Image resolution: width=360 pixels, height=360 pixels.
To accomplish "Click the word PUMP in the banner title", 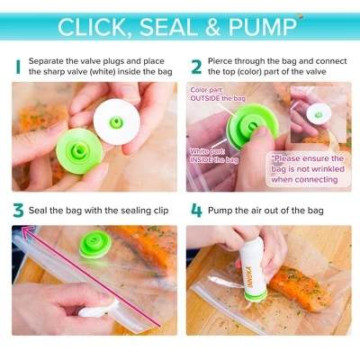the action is point(263,27).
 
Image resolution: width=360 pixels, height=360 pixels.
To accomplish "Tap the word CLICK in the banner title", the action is point(93,28).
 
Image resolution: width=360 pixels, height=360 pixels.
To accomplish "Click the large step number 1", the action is point(18,67).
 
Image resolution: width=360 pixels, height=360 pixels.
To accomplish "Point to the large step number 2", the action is point(196,67).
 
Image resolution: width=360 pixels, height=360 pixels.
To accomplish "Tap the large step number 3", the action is point(18,211).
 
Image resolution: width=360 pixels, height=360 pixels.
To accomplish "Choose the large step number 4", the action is point(197,211).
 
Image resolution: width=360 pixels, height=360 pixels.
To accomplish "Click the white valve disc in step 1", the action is point(116,122).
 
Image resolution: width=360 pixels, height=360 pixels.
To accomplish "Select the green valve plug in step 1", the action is point(79,151).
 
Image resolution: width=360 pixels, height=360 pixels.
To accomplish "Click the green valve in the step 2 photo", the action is point(252,126).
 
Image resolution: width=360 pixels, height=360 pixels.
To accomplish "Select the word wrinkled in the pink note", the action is point(328,169).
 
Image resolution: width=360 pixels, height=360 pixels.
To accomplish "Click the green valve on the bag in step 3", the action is point(95,245).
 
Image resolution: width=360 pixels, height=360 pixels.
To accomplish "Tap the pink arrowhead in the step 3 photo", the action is point(28,233).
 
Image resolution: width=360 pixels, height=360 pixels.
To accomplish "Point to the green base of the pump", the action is point(256,296).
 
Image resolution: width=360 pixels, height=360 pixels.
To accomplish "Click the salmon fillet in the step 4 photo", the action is point(301,284).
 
